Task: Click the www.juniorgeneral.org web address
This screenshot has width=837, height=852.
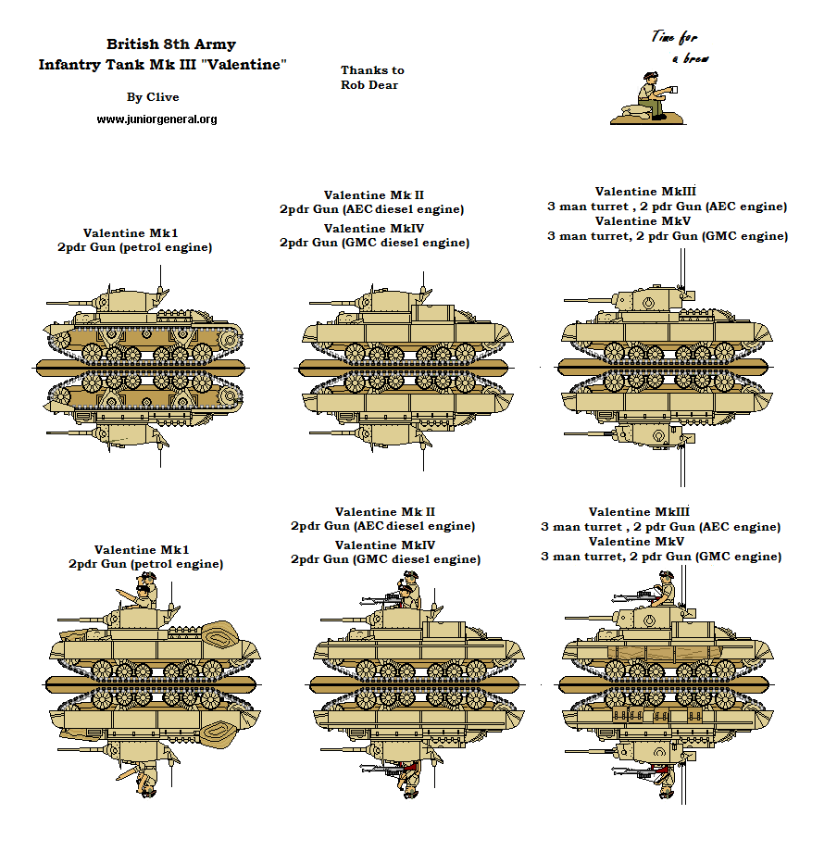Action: pyautogui.click(x=156, y=119)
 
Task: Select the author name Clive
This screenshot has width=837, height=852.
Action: pyautogui.click(x=162, y=97)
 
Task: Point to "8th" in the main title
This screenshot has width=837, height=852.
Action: pyautogui.click(x=169, y=44)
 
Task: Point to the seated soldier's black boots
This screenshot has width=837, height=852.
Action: pyautogui.click(x=659, y=115)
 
